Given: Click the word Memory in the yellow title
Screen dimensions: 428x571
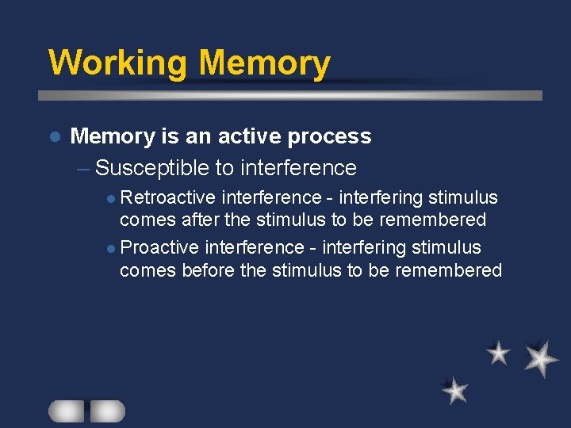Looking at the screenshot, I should (x=264, y=63).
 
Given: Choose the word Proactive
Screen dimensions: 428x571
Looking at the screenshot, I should (x=160, y=247).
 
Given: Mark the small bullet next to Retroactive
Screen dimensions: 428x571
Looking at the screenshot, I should (x=112, y=198).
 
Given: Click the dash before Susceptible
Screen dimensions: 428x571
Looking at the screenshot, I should (x=84, y=168).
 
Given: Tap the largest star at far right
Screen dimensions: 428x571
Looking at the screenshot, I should (x=541, y=358).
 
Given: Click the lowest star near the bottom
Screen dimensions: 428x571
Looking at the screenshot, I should (x=455, y=390).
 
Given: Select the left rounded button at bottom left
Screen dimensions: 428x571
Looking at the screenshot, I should (x=66, y=411).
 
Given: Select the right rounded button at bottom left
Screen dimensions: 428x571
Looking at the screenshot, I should (x=107, y=411).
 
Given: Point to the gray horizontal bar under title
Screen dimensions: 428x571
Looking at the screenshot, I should (x=290, y=95).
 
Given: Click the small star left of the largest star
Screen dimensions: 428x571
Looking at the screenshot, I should (x=498, y=353).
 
